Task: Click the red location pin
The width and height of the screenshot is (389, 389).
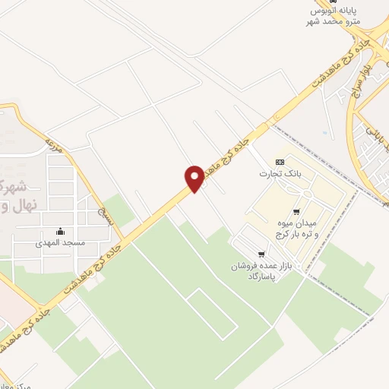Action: point(194,177)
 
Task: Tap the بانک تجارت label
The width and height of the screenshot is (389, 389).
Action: point(280,173)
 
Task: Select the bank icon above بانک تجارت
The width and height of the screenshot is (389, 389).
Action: point(280,162)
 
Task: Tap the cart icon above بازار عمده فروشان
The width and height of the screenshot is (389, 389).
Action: point(262,254)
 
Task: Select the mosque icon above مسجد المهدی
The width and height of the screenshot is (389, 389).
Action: point(60,231)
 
